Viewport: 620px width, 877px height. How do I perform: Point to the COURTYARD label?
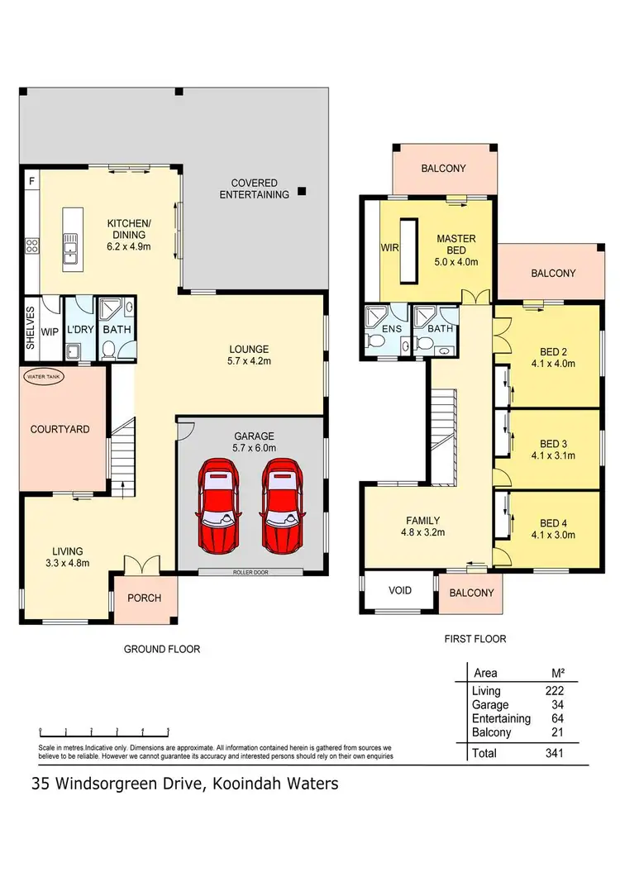60,429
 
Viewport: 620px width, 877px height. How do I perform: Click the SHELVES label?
30,327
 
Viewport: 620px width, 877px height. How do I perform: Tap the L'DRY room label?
80,330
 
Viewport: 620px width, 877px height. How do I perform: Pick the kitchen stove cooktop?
33,245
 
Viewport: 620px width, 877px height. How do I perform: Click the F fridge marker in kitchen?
31,180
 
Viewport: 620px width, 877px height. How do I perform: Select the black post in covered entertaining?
303,190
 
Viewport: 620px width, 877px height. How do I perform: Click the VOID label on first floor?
399,592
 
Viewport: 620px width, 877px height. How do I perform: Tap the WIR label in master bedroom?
389,247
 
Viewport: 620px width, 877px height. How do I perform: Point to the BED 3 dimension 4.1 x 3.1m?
551,455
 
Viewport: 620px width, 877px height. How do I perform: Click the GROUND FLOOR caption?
162,649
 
